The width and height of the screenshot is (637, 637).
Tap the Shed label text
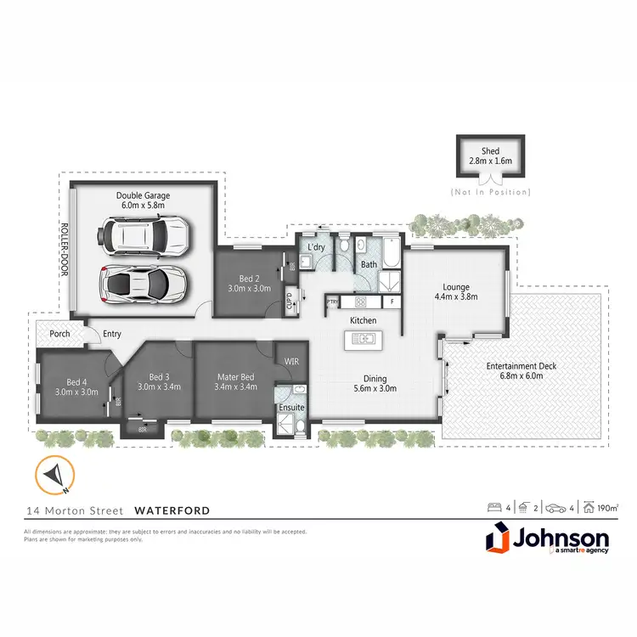(x=490, y=150)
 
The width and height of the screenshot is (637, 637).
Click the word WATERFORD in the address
(x=172, y=510)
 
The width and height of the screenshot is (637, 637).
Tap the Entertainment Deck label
(x=521, y=366)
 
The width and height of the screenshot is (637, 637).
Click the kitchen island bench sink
(x=363, y=340)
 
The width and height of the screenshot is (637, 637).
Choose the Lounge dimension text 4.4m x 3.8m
(x=456, y=297)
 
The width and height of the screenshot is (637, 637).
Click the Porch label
(x=59, y=334)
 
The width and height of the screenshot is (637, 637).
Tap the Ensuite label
(x=291, y=407)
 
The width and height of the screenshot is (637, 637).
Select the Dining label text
(x=375, y=379)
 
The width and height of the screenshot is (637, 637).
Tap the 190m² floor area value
(x=606, y=509)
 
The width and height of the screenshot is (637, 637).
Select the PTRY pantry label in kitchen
(x=333, y=302)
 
